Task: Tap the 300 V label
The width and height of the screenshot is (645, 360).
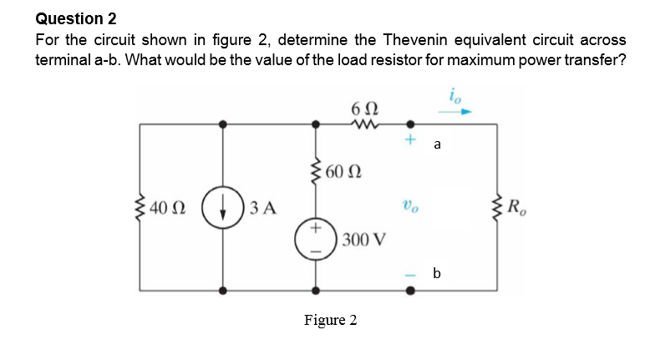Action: (363, 241)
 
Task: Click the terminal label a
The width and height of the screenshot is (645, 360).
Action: (437, 145)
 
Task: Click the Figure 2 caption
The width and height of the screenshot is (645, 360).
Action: (331, 320)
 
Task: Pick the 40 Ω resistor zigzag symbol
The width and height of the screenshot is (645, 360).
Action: (140, 206)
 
